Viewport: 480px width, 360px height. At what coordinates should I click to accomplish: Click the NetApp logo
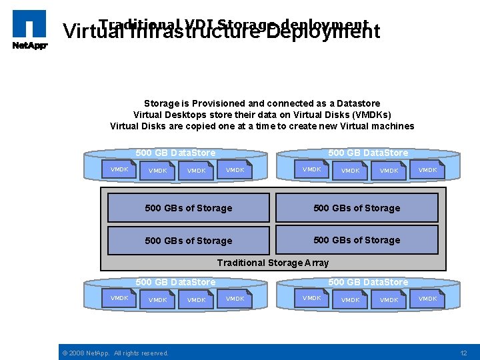point(29,30)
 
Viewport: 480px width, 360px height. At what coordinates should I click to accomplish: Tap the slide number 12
point(464,352)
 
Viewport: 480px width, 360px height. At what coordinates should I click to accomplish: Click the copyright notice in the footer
point(115,353)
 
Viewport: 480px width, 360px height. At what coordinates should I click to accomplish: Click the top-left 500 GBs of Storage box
point(189,208)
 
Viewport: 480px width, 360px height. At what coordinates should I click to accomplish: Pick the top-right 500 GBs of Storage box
point(357,208)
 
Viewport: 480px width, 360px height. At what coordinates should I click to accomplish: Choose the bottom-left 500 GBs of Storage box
point(189,241)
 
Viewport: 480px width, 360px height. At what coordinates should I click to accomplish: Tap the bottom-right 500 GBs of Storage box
point(357,240)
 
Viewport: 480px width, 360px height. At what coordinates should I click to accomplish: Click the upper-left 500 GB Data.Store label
point(175,153)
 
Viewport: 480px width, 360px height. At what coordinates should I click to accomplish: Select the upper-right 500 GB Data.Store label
point(368,153)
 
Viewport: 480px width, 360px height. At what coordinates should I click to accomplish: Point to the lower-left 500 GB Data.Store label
point(175,282)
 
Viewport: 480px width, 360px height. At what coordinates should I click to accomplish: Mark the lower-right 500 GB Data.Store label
point(368,282)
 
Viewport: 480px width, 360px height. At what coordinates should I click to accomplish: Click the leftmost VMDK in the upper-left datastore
point(119,169)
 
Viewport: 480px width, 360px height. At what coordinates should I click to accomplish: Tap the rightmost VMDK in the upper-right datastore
point(427,170)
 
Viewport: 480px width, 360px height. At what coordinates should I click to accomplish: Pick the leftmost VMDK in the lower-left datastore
point(119,298)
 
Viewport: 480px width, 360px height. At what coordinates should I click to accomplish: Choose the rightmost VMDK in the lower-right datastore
point(427,299)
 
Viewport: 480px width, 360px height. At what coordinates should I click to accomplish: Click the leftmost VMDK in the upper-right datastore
point(311,169)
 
